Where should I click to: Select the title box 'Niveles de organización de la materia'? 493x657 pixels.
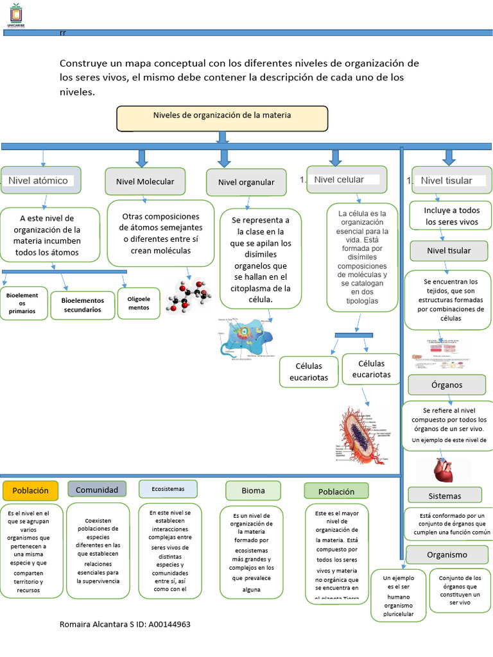(x=222, y=118)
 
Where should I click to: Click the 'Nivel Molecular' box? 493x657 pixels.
(x=144, y=182)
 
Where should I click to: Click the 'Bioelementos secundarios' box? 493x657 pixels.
(x=82, y=305)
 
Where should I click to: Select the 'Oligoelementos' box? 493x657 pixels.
(x=139, y=303)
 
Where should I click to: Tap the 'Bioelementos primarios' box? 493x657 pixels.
(x=23, y=303)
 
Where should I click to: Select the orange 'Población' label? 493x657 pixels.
(x=30, y=490)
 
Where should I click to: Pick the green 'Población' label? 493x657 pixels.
(x=336, y=491)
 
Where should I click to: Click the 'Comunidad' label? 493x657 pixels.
(x=97, y=490)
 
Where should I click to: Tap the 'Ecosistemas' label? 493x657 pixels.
(x=168, y=489)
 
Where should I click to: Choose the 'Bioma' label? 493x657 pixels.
(x=253, y=491)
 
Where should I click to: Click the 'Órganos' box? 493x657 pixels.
(x=447, y=385)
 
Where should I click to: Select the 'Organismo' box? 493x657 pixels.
(x=447, y=554)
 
